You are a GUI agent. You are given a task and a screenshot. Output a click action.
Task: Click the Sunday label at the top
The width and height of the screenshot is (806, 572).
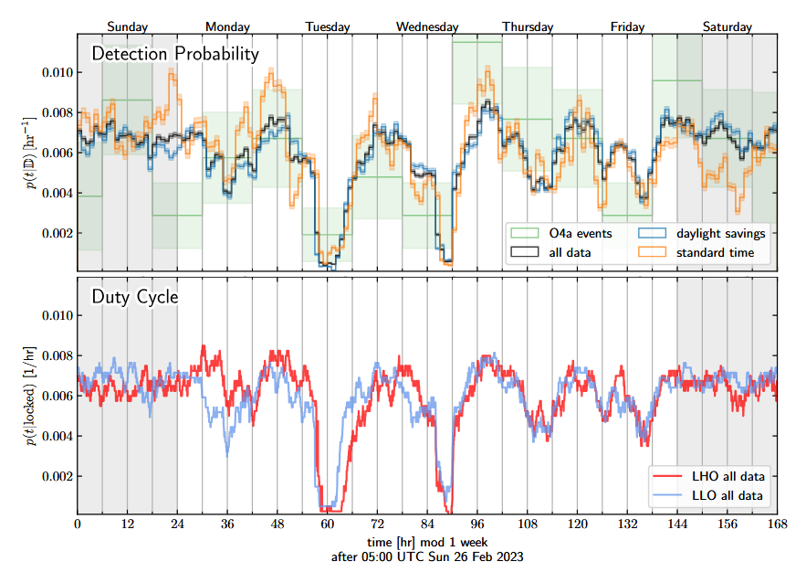click(x=127, y=26)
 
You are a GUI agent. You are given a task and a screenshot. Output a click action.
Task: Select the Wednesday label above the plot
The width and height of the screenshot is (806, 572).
click(x=427, y=26)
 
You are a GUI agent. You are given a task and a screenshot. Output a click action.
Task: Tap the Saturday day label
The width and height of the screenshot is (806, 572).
click(x=727, y=26)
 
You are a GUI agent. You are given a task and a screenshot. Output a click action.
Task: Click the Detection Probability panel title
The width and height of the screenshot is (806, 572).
click(x=175, y=54)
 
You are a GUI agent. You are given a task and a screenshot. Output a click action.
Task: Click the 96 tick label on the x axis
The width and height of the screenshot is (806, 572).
click(x=477, y=524)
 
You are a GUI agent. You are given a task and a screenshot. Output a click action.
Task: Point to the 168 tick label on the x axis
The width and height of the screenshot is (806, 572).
click(x=778, y=524)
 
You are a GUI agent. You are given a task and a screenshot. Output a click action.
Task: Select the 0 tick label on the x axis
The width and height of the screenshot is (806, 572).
click(x=78, y=524)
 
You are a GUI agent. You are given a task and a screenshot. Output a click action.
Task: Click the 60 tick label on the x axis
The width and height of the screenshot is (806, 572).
click(x=328, y=524)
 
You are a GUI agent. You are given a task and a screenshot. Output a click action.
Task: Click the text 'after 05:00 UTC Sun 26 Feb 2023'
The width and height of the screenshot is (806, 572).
click(x=427, y=556)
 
